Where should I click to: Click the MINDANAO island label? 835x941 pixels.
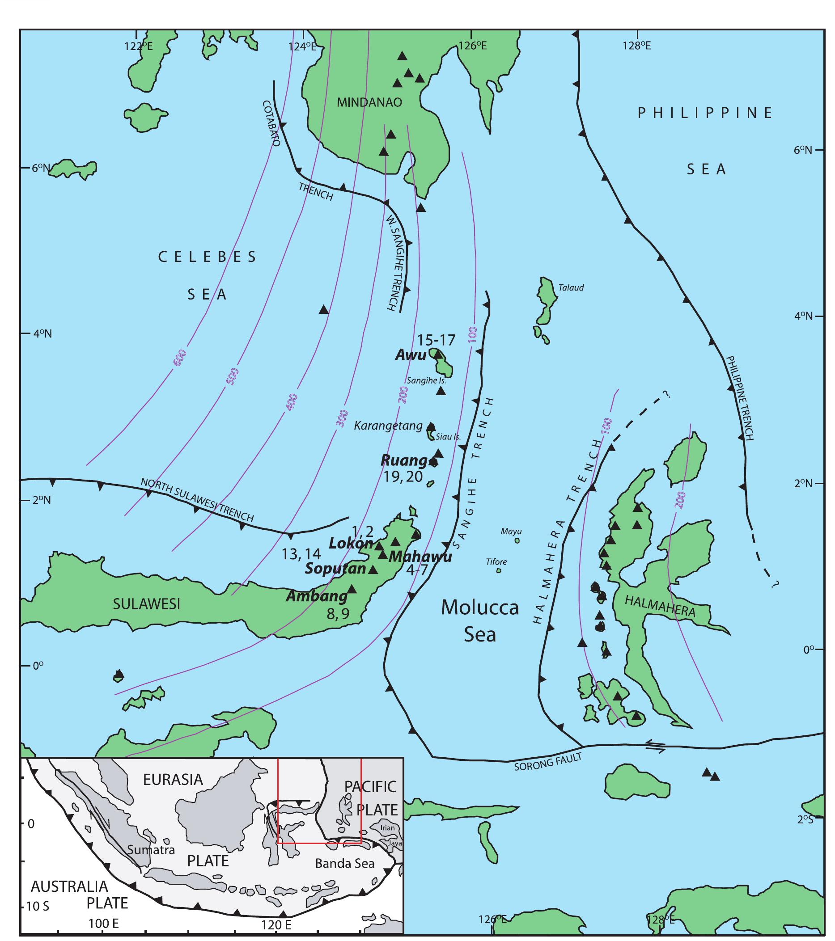369,102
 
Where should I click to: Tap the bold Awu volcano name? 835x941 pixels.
411,355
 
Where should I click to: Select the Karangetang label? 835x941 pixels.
388,426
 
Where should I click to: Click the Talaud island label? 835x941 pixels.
571,288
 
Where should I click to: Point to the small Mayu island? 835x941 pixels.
517,541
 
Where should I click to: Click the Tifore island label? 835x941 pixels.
496,561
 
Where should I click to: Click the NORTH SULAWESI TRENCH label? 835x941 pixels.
197,500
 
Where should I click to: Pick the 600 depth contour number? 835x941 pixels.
180,358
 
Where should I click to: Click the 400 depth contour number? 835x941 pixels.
292,402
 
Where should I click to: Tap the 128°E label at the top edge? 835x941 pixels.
637,46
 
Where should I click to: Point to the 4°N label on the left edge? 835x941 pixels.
42,333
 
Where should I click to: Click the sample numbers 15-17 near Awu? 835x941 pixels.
436,340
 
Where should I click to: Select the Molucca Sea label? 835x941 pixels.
479,620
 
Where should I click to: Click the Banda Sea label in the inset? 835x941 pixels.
344,863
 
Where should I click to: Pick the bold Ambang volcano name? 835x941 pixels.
316,596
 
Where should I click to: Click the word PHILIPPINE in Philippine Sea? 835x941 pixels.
705,113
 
